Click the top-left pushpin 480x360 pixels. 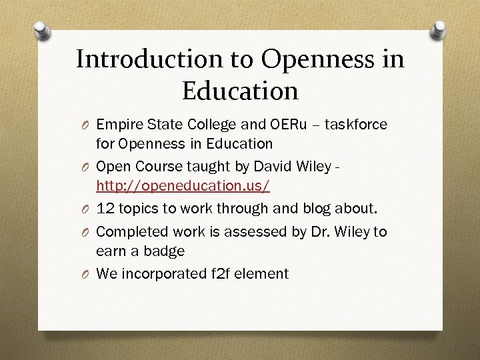click(41, 31)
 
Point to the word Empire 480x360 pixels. click(117, 124)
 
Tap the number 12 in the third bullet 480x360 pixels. click(105, 209)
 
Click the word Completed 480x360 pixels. click(132, 231)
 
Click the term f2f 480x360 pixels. click(219, 273)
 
